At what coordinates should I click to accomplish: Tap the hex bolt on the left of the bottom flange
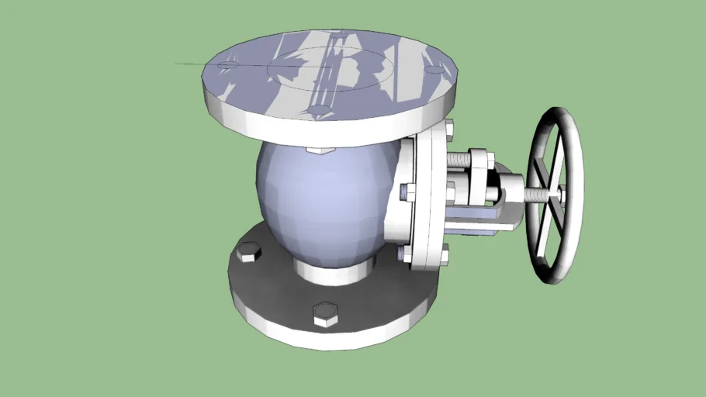click(248, 252)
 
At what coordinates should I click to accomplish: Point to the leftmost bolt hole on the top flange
click(227, 64)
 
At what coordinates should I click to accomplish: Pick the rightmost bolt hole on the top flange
click(436, 71)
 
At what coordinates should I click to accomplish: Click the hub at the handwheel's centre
click(555, 192)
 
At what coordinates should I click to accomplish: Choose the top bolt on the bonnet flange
click(448, 132)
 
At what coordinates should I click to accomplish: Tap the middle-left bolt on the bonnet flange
click(406, 190)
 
